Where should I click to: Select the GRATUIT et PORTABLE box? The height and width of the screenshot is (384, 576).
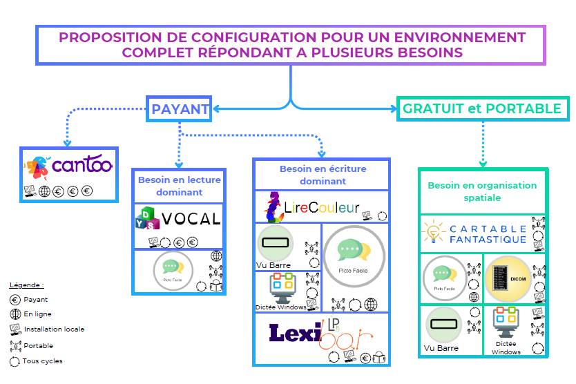point(482,109)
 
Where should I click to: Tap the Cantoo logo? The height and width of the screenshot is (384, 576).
point(67,166)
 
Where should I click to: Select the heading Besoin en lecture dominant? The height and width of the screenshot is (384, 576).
point(179,186)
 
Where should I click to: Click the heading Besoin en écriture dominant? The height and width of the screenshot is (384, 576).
point(323,175)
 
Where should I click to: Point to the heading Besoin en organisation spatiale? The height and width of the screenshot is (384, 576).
point(482,191)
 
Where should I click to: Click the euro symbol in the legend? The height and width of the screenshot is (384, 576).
point(15,300)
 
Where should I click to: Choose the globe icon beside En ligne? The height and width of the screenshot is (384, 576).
point(15,314)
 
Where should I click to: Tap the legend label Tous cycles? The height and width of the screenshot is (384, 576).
point(42,361)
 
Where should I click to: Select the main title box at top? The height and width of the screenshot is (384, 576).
point(291,45)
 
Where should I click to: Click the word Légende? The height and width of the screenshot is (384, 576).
point(26,285)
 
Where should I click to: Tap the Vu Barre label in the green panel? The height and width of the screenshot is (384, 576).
point(441,348)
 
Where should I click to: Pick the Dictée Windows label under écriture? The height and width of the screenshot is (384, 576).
point(280,307)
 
